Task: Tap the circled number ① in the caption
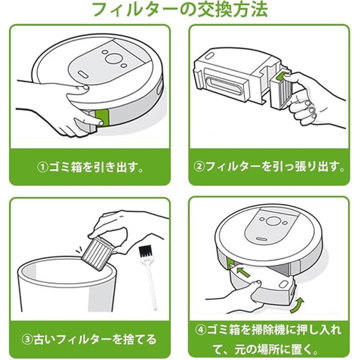[42, 167]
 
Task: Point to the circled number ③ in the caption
[28, 340]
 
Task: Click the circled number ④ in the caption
[201, 330]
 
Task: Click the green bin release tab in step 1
[102, 117]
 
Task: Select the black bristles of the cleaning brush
[145, 251]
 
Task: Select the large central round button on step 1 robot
[113, 58]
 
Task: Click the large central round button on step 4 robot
[273, 221]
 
